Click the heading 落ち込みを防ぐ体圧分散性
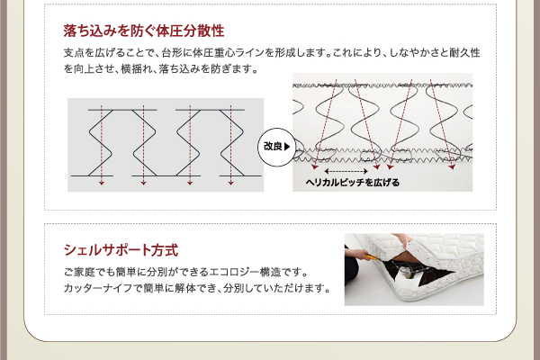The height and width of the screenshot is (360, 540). [144, 31]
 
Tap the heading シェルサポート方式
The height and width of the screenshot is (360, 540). [121, 250]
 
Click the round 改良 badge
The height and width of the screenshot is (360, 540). [276, 147]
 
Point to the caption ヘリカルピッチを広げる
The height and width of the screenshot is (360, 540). [353, 182]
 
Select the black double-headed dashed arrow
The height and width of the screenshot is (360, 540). [346, 171]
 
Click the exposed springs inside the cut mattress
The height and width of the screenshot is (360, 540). [409, 269]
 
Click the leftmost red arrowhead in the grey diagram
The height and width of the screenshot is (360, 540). [101, 183]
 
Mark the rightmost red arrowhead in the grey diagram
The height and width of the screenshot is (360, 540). [230, 183]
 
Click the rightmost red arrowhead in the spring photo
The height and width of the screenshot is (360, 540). [452, 167]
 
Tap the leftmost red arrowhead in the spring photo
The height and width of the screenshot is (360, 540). [315, 167]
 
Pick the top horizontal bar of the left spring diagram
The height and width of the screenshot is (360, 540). [122, 110]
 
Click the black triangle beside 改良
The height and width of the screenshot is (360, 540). [287, 147]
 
